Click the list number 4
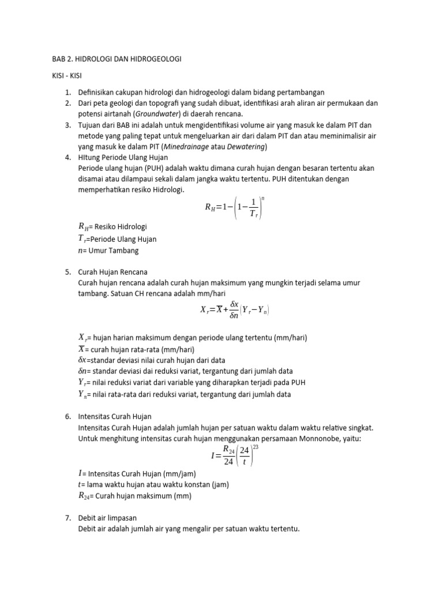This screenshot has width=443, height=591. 67,158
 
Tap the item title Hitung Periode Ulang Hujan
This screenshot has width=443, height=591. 123,158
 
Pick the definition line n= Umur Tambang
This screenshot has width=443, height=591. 108,250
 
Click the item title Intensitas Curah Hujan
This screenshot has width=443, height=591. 115,416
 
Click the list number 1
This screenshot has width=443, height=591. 67,92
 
